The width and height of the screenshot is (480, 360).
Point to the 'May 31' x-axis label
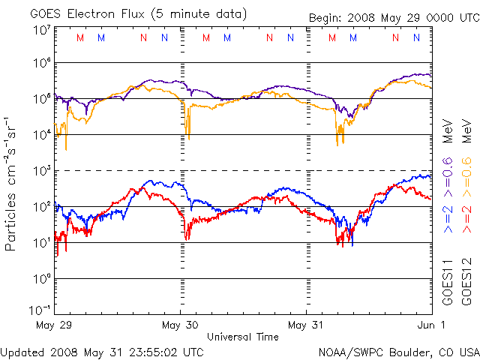pos(306,325)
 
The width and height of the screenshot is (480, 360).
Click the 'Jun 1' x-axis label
pos(431,325)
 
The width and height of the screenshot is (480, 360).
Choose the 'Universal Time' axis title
pos(242,337)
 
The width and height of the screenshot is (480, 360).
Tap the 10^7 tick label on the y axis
pos(41,31)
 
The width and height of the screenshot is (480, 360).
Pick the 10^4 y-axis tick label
pos(41,135)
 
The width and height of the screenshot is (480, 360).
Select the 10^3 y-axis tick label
pos(41,171)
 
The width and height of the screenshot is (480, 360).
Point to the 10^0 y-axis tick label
pos(41,279)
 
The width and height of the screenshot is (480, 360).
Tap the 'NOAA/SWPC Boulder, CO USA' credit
pos(398,351)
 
